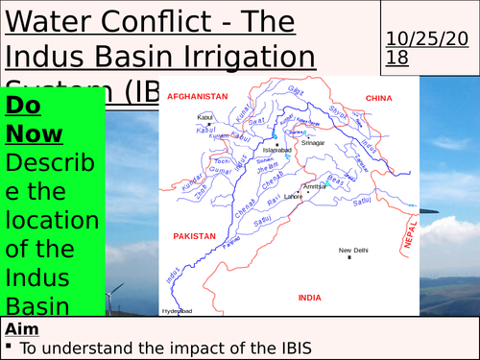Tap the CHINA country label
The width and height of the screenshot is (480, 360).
(x=381, y=98)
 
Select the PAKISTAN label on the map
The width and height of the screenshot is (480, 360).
(x=194, y=235)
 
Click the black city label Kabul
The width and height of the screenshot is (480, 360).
(x=204, y=117)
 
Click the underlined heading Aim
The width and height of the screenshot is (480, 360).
(x=24, y=329)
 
